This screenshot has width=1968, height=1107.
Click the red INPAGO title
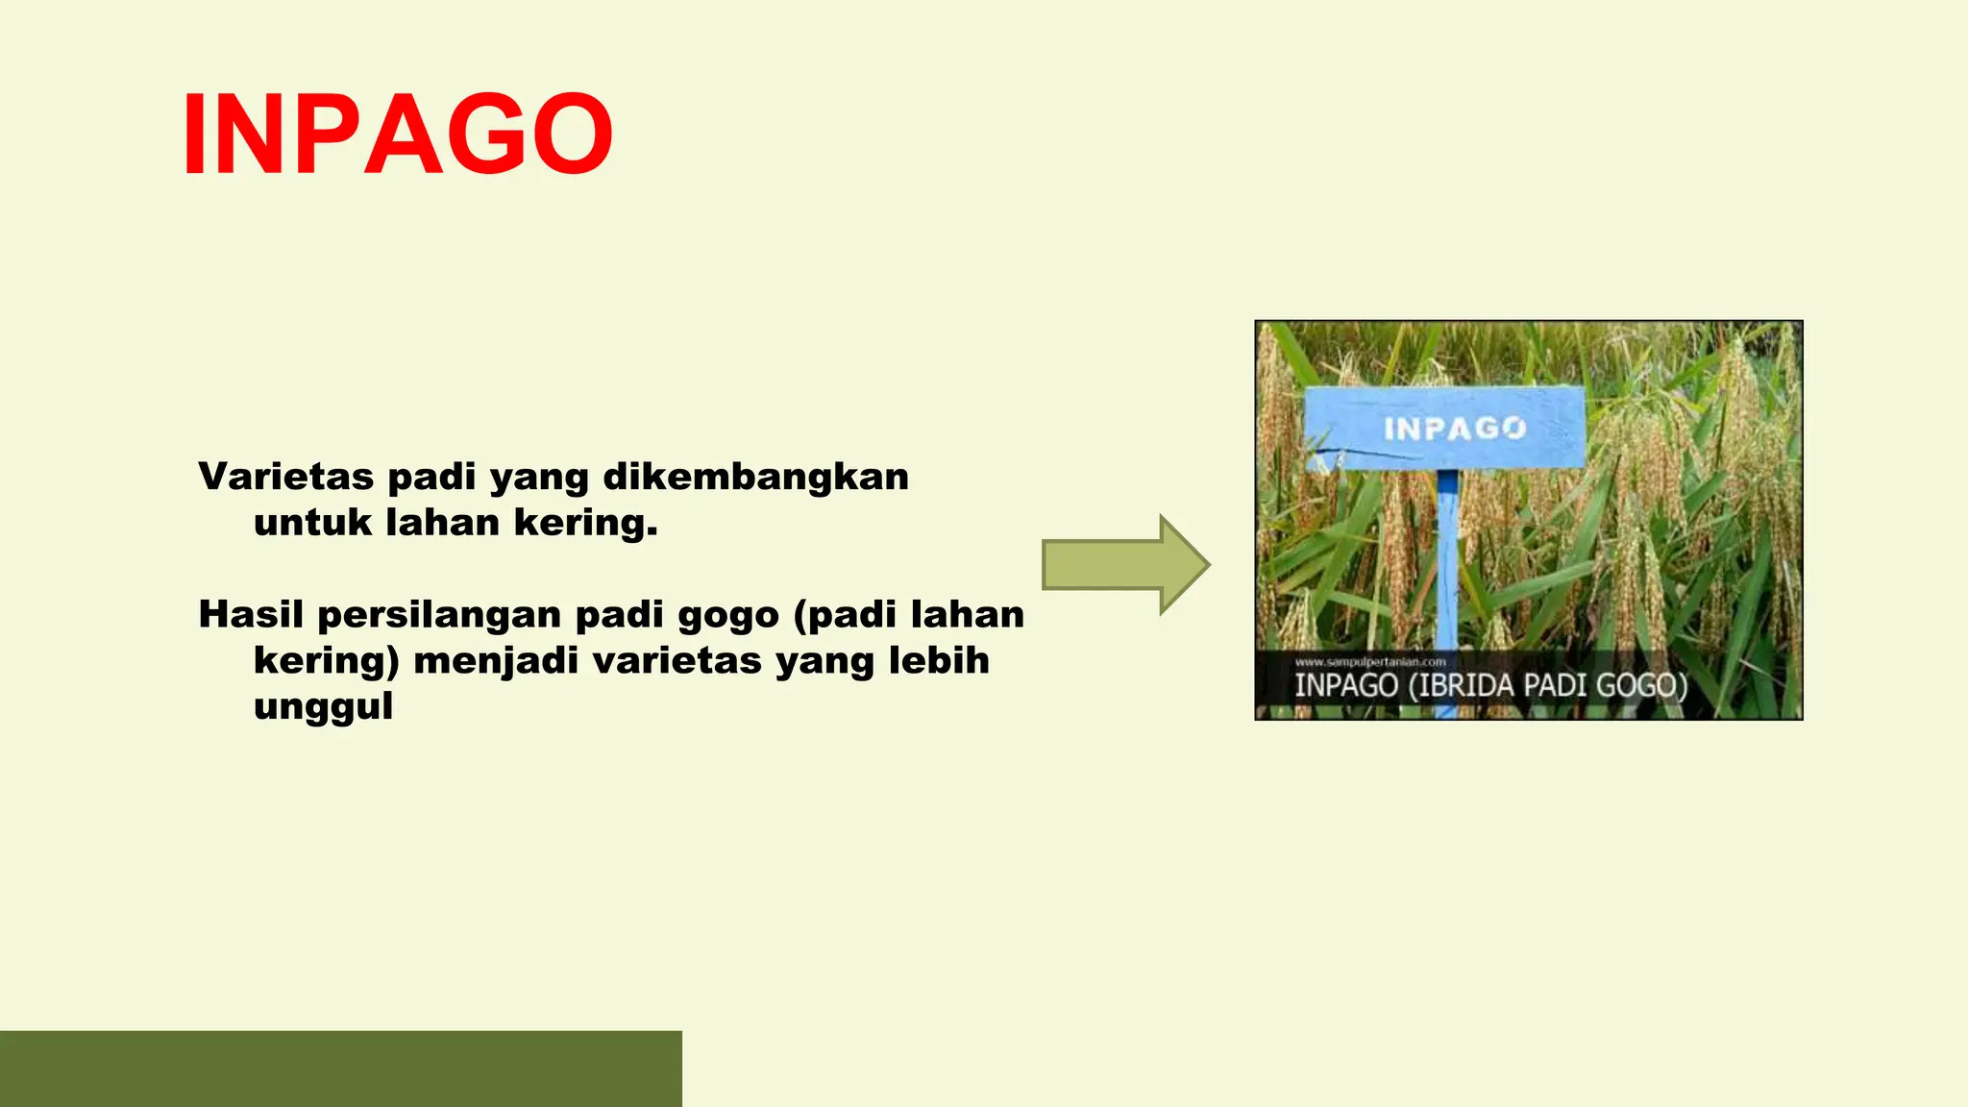[398, 134]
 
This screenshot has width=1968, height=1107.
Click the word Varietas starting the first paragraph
[285, 477]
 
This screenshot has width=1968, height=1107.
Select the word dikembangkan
[755, 477]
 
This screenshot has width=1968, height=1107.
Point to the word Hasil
[251, 614]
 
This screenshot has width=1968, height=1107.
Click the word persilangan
[439, 614]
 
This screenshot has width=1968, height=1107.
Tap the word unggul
[323, 706]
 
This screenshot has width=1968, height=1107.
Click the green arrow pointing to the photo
[1125, 565]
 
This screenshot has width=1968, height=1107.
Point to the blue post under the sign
[1447, 567]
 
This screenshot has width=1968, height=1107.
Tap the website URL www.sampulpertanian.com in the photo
[1370, 662]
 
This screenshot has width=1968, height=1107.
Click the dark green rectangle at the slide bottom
[340, 1069]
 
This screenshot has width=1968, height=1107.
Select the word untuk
[312, 523]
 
